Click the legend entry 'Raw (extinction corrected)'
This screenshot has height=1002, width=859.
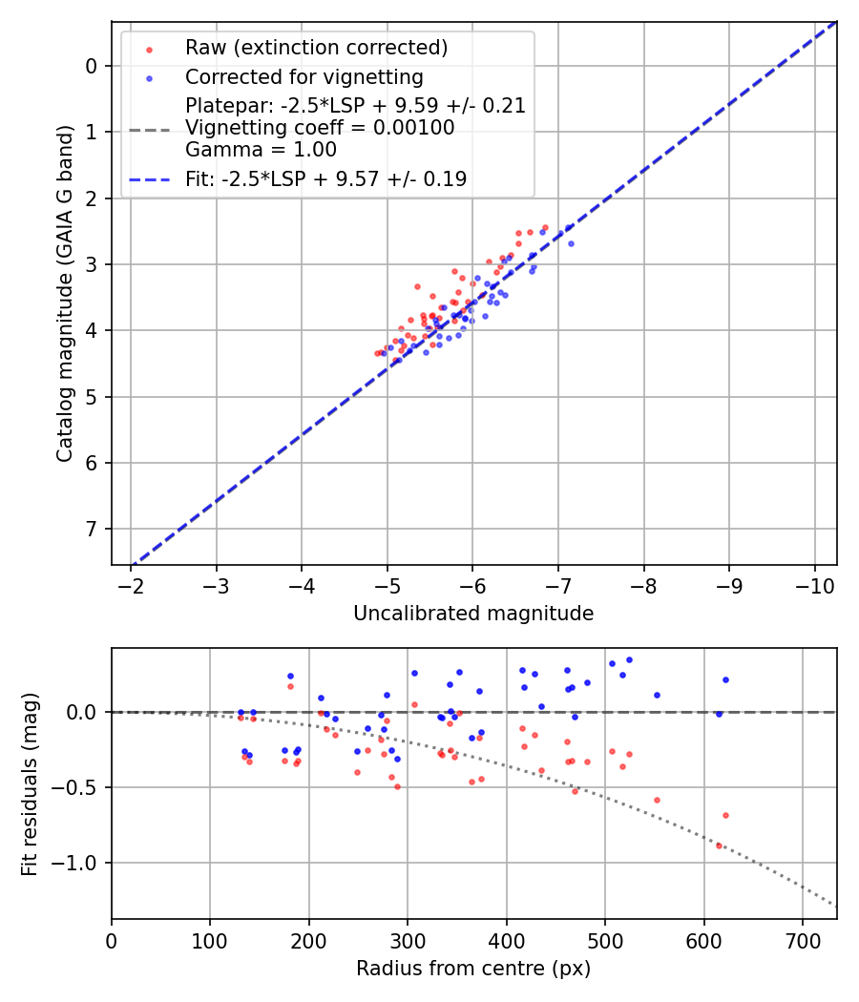click(x=316, y=48)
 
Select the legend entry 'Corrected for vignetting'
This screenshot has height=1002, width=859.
click(x=304, y=76)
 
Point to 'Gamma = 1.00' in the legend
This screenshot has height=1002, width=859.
click(x=261, y=149)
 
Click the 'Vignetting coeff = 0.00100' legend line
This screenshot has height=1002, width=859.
click(x=320, y=128)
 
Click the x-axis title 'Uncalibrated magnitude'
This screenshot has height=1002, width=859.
click(x=473, y=614)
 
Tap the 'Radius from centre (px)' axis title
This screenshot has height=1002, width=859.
click(x=473, y=969)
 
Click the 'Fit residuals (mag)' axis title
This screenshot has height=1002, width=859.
click(x=31, y=783)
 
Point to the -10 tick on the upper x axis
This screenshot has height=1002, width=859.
click(x=814, y=585)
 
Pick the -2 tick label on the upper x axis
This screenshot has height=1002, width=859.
click(x=132, y=585)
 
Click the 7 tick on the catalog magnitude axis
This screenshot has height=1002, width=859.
click(x=93, y=529)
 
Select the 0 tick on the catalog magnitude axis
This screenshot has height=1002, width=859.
click(x=93, y=66)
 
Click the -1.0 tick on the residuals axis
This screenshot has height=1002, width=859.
click(x=79, y=863)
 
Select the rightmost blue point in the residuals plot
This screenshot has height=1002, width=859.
click(x=725, y=679)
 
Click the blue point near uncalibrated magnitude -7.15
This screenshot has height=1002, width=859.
click(x=571, y=243)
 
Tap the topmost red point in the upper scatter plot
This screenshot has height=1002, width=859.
click(x=545, y=227)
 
